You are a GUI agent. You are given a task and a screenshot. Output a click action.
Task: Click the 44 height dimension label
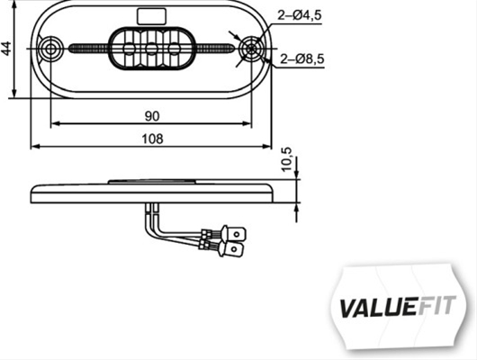click(6, 49)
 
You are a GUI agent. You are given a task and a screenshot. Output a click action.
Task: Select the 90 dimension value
click(152, 116)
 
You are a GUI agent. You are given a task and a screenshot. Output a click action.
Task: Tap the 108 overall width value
click(152, 139)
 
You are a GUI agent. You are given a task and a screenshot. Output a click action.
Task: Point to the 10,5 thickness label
click(286, 159)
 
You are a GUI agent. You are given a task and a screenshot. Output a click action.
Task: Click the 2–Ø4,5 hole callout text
click(299, 15)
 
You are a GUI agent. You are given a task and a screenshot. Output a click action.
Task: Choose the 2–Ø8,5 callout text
click(301, 58)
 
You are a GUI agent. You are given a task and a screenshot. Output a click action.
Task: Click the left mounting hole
click(50, 49)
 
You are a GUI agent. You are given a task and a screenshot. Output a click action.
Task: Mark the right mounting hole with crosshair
click(251, 49)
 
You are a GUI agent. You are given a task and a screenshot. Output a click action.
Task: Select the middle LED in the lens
click(151, 49)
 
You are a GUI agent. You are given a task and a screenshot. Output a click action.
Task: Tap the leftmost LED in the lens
click(130, 49)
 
